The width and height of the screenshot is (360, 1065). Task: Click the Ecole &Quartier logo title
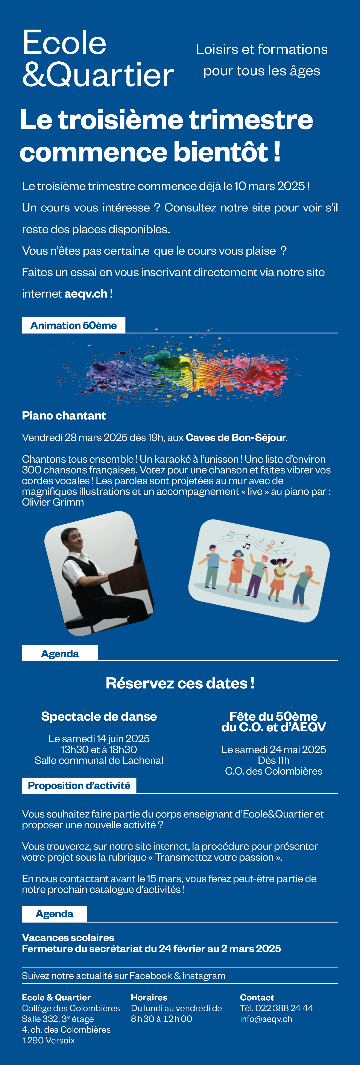pyautogui.click(x=98, y=59)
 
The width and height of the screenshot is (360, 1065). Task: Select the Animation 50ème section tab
pyautogui.click(x=74, y=325)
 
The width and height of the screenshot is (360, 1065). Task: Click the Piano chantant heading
pyautogui.click(x=64, y=415)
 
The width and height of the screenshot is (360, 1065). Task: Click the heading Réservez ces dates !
pyautogui.click(x=180, y=683)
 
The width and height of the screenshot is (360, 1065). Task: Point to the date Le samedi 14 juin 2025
pyautogui.click(x=99, y=739)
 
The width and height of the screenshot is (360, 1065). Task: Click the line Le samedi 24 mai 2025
pyautogui.click(x=274, y=750)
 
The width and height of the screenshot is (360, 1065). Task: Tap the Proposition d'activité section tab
pyautogui.click(x=79, y=785)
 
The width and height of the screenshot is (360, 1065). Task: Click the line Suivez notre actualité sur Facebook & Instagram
pyautogui.click(x=124, y=976)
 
